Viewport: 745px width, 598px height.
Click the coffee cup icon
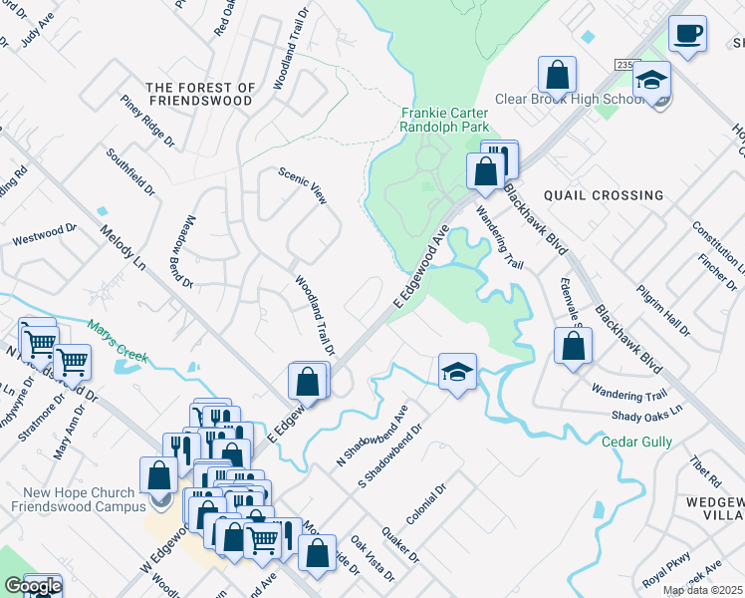tap(687, 34)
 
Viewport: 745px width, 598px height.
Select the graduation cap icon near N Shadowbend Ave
tap(457, 372)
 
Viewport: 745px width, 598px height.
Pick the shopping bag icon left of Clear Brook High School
tap(558, 75)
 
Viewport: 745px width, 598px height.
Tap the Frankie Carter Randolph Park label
tap(444, 121)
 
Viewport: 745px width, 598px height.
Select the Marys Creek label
tap(117, 331)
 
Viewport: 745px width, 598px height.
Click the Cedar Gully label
tap(637, 442)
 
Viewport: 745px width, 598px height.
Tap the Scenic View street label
tap(303, 184)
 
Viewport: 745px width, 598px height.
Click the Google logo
tap(32, 586)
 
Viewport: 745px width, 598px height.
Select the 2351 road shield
tap(625, 64)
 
